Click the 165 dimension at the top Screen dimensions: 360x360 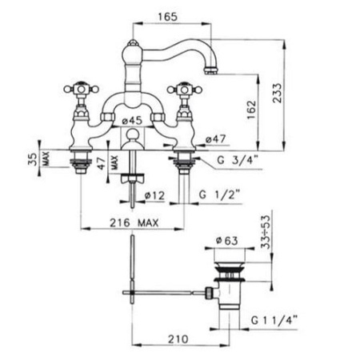(167, 17)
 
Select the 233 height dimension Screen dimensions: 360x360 (277, 93)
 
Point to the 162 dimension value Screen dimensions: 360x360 (251, 110)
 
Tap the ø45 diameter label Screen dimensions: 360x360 (132, 121)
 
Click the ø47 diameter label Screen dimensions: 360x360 (216, 139)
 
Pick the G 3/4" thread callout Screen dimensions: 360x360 (238, 160)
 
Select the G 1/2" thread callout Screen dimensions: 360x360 (220, 194)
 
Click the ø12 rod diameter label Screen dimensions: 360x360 (154, 195)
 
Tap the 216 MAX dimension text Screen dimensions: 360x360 (134, 222)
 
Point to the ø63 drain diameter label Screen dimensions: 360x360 (226, 241)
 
